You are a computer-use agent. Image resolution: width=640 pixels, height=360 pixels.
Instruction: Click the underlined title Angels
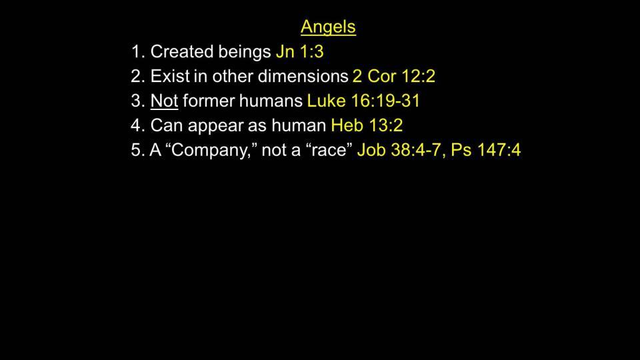(328, 27)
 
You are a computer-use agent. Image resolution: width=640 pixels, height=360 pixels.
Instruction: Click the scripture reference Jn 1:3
(299, 52)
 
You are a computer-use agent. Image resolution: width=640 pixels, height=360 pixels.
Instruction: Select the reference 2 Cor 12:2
(394, 76)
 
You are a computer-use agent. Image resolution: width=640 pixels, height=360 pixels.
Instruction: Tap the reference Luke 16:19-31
(363, 101)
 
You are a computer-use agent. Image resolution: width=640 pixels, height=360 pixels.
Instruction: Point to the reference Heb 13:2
(367, 125)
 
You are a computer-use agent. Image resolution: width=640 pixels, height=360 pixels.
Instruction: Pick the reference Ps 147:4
(486, 150)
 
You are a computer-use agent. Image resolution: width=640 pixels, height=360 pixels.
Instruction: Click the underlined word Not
(164, 101)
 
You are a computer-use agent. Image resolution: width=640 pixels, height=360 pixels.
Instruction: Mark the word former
(208, 101)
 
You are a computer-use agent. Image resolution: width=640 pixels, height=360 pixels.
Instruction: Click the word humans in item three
(271, 101)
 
